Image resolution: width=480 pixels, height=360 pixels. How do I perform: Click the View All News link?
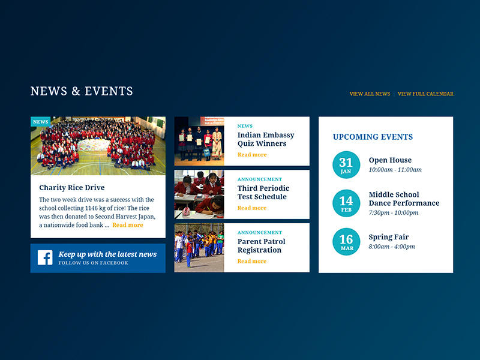(x=370, y=94)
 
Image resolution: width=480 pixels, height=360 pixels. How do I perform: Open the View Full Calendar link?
(x=425, y=94)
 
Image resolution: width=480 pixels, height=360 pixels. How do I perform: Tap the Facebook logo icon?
(x=45, y=258)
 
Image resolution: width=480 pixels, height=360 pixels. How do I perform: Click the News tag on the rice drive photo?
(x=41, y=122)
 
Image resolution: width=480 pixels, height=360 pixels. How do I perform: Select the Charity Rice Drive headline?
(x=71, y=188)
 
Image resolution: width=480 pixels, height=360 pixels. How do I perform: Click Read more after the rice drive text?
(x=127, y=225)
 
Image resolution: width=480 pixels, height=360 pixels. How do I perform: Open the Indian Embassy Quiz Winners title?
(x=266, y=139)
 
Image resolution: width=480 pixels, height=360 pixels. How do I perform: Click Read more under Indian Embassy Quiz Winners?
(x=252, y=155)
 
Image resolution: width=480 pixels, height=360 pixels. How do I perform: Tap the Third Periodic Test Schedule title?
(x=263, y=193)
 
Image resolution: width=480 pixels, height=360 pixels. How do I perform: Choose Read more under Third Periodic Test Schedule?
(x=252, y=208)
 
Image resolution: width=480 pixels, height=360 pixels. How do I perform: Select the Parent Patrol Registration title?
(x=261, y=246)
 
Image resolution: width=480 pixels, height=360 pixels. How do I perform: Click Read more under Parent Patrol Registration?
(x=252, y=262)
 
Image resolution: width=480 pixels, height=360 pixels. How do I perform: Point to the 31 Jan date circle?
(x=346, y=165)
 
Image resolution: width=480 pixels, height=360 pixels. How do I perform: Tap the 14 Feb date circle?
(x=346, y=203)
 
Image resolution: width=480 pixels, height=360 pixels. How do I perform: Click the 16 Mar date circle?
(x=346, y=242)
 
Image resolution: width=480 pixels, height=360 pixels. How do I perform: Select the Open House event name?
(x=390, y=160)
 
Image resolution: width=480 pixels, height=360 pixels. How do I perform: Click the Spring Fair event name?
(x=388, y=237)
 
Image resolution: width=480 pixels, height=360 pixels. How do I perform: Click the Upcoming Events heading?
(x=373, y=137)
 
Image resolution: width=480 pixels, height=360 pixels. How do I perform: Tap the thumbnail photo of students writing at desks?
(x=199, y=194)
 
